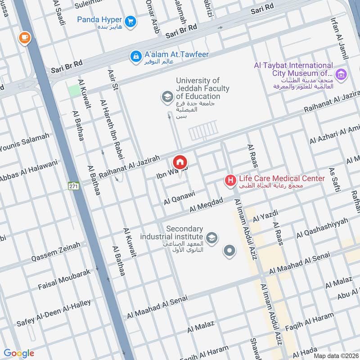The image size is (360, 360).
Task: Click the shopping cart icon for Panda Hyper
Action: pos(130,21)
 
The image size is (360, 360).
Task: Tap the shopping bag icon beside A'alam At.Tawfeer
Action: pos(135,56)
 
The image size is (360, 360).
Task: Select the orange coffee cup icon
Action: pos(24,38)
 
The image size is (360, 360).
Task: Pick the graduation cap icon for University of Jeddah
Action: pos(167,96)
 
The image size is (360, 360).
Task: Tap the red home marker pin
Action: pos(180,162)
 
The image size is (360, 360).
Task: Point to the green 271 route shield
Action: pos(74,185)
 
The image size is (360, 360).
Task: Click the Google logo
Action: pos(19,353)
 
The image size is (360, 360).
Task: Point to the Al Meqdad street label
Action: pos(206,206)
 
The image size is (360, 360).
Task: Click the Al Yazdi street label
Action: pos(266,216)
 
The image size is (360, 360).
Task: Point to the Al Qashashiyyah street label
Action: pos(322,229)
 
